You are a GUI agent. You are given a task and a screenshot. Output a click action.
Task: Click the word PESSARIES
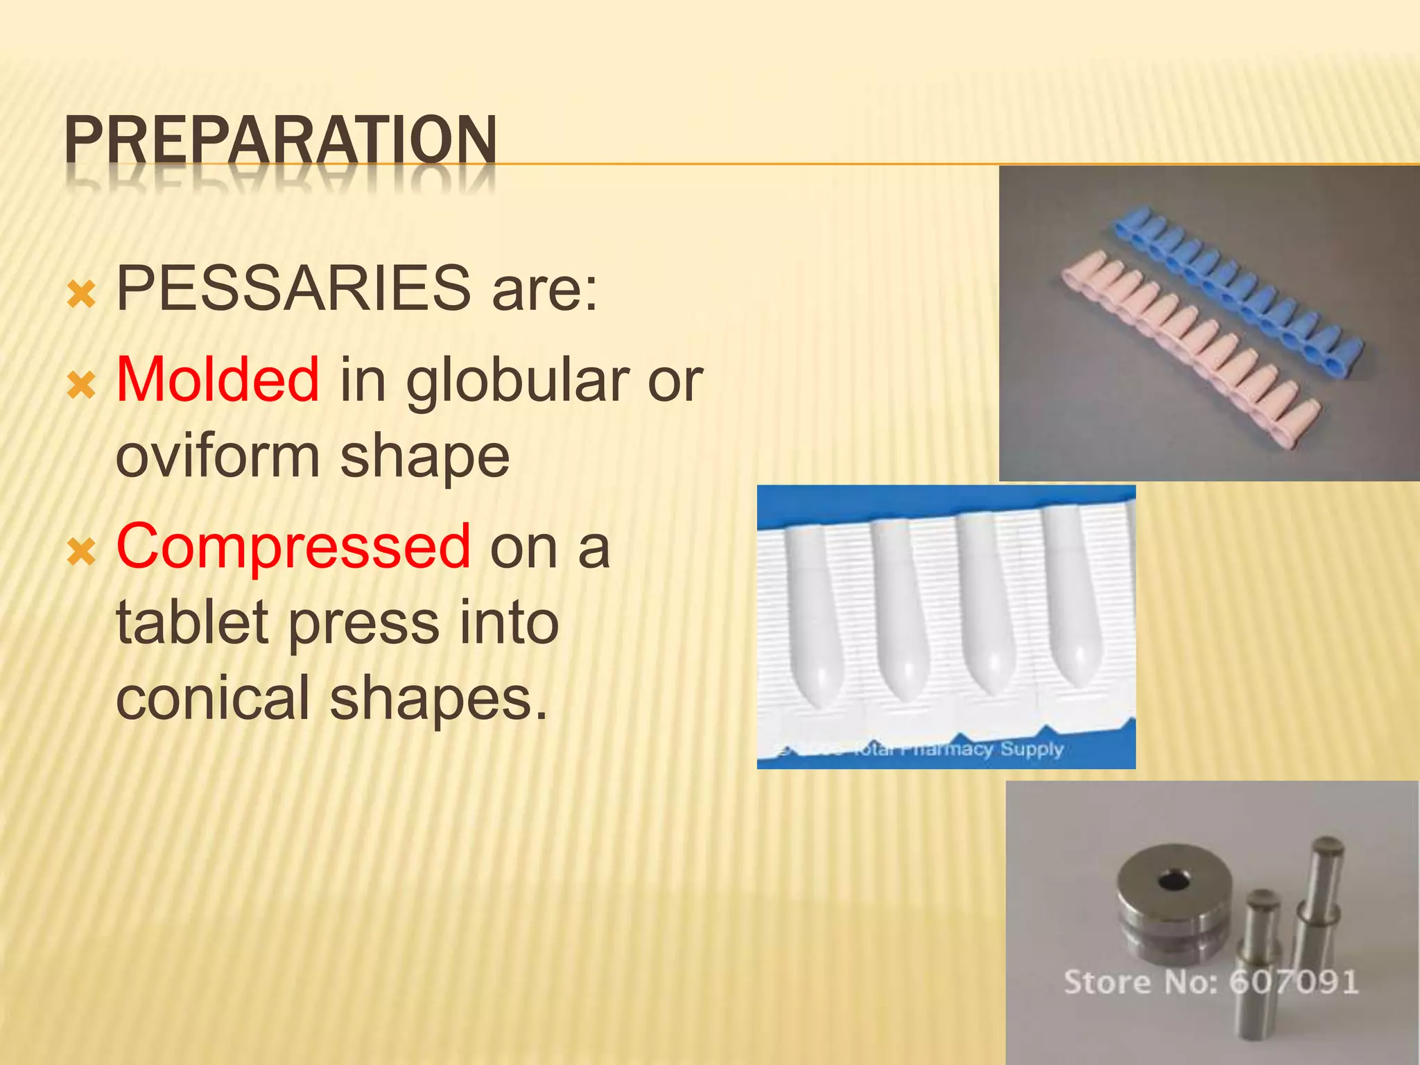click(293, 288)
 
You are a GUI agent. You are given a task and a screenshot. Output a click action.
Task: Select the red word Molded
click(218, 379)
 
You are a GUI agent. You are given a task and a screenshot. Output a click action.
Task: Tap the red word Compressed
click(294, 547)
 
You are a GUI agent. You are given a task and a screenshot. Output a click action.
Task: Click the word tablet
click(192, 622)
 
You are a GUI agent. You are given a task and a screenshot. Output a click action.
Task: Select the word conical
click(212, 698)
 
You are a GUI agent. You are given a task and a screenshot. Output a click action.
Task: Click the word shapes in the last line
click(438, 698)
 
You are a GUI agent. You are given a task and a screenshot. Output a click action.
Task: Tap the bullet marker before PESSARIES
click(82, 295)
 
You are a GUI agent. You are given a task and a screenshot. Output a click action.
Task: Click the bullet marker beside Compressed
click(82, 553)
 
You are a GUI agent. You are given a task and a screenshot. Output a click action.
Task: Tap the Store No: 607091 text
click(1211, 982)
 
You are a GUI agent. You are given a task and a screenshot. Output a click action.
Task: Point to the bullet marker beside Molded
click(82, 386)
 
